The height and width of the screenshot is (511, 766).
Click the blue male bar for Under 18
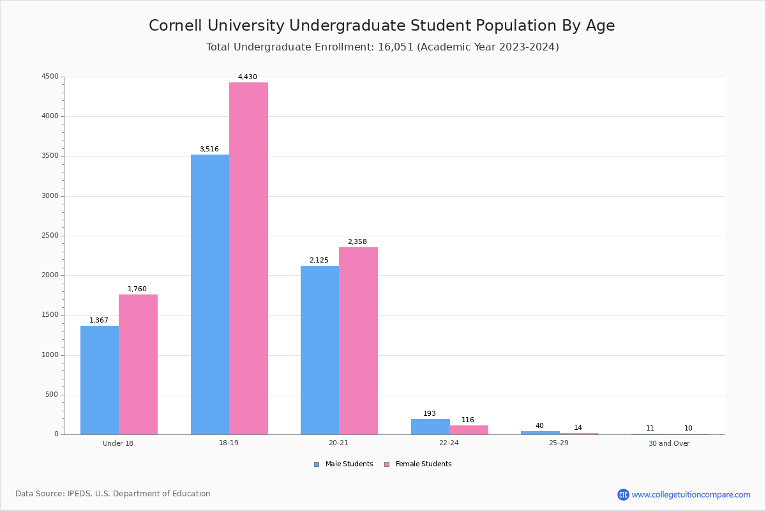click(x=100, y=380)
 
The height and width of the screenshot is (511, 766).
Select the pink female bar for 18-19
click(x=248, y=259)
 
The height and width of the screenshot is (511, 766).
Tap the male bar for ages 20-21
click(x=320, y=350)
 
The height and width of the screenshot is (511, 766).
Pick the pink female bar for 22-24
click(x=469, y=430)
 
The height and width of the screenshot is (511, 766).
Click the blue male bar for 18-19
click(x=210, y=294)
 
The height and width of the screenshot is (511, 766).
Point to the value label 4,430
click(x=248, y=77)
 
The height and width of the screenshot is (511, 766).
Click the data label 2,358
click(x=357, y=242)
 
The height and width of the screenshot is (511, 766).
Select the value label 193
click(x=430, y=414)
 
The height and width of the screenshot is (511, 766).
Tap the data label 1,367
click(x=99, y=321)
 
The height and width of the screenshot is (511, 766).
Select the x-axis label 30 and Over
click(x=669, y=444)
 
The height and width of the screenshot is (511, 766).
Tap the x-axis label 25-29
click(x=559, y=443)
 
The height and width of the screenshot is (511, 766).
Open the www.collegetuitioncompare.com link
click(x=691, y=494)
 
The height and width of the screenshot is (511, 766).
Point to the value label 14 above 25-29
click(x=578, y=428)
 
